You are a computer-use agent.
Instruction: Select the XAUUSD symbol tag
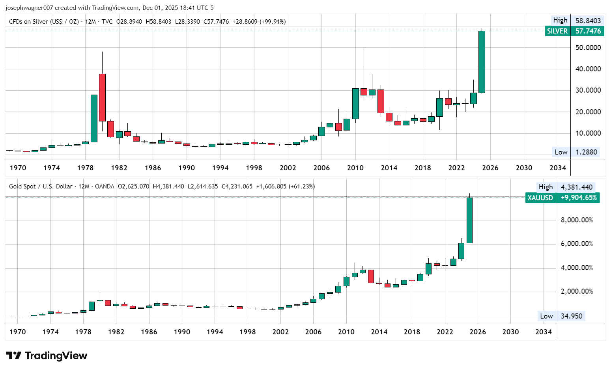pyautogui.click(x=540, y=198)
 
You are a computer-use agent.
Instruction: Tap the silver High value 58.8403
pyautogui.click(x=588, y=21)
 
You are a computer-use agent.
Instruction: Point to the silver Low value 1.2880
pyautogui.click(x=586, y=152)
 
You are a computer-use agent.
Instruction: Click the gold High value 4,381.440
pyautogui.click(x=577, y=187)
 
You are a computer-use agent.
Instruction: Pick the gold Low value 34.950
pyautogui.click(x=571, y=316)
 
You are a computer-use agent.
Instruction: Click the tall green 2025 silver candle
pyautogui.click(x=482, y=62)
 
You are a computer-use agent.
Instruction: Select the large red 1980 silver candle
pyautogui.click(x=102, y=97)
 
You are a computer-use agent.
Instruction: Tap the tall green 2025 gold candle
pyautogui.click(x=469, y=220)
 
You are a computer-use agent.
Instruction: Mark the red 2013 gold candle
pyautogui.click(x=371, y=276)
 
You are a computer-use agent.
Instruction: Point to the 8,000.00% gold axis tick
pyautogui.click(x=577, y=220)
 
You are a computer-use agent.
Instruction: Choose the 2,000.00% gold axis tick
pyautogui.click(x=577, y=291)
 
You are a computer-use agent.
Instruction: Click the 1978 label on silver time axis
pyautogui.click(x=85, y=168)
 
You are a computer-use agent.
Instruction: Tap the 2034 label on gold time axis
pyautogui.click(x=543, y=332)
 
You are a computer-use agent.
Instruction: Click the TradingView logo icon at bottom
pyautogui.click(x=14, y=356)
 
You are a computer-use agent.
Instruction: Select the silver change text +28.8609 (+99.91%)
pyautogui.click(x=259, y=22)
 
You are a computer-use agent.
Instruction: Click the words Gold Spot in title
pyautogui.click(x=22, y=186)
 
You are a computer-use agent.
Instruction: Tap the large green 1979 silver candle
pyautogui.click(x=94, y=118)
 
